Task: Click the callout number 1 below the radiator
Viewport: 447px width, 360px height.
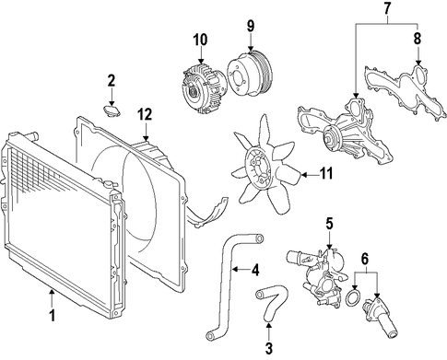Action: [53, 315]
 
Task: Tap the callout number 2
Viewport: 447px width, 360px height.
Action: [112, 80]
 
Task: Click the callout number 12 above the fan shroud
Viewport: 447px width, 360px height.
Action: [145, 115]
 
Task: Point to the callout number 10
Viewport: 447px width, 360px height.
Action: [200, 40]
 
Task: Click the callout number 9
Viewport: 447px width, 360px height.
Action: [251, 26]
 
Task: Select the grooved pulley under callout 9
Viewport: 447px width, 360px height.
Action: [250, 73]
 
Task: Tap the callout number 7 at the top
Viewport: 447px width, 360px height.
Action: [387, 8]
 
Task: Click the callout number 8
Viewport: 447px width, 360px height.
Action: [418, 39]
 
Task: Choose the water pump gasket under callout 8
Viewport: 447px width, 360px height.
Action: [406, 90]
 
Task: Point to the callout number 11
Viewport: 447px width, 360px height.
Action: [326, 174]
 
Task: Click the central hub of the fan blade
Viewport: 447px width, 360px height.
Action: [257, 167]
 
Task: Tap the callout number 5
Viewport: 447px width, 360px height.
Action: [329, 224]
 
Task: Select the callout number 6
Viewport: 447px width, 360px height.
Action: [364, 260]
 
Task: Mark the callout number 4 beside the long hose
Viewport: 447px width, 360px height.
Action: [255, 270]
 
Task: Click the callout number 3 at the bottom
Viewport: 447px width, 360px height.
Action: [268, 348]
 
